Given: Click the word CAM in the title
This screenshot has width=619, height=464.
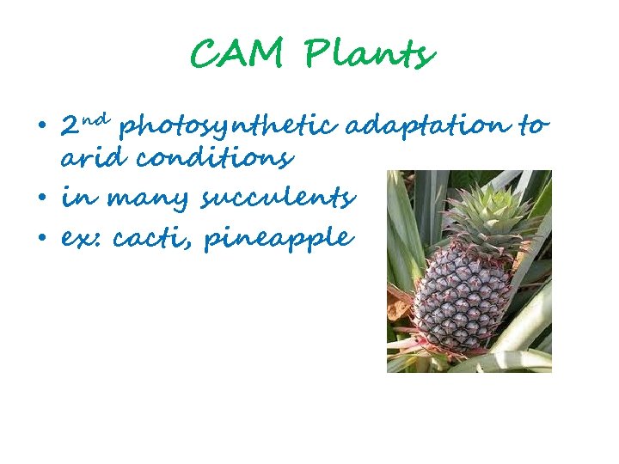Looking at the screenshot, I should click(237, 56).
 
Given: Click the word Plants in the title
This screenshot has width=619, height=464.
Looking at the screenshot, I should click(371, 56).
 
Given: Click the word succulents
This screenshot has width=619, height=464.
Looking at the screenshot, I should click(277, 199).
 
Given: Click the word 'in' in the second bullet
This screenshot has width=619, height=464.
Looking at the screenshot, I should click(75, 198).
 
